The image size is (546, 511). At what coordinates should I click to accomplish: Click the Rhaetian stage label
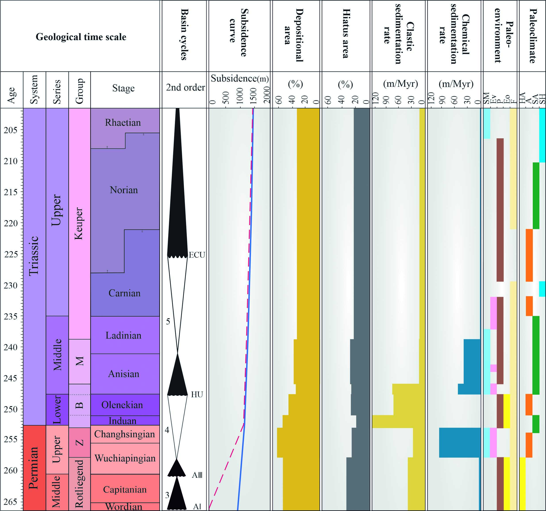click(123, 123)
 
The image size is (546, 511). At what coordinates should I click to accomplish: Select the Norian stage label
click(124, 190)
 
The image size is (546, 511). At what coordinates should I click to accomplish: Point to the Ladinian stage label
click(124, 335)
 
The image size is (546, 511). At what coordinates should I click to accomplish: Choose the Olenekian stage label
click(122, 405)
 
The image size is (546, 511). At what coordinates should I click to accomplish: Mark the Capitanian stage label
click(125, 490)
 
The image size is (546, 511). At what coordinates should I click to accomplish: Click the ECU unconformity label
click(197, 255)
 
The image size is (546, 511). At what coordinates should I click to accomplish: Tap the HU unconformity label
click(197, 395)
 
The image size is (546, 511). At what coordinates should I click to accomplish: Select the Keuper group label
click(79, 223)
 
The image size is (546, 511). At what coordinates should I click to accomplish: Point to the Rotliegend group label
click(79, 484)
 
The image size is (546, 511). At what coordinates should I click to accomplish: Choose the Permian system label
click(33, 468)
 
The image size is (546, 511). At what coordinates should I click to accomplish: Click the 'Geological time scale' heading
click(81, 37)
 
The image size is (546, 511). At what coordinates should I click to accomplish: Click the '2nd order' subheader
click(185, 87)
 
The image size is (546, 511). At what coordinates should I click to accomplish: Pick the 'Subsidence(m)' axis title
click(240, 79)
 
